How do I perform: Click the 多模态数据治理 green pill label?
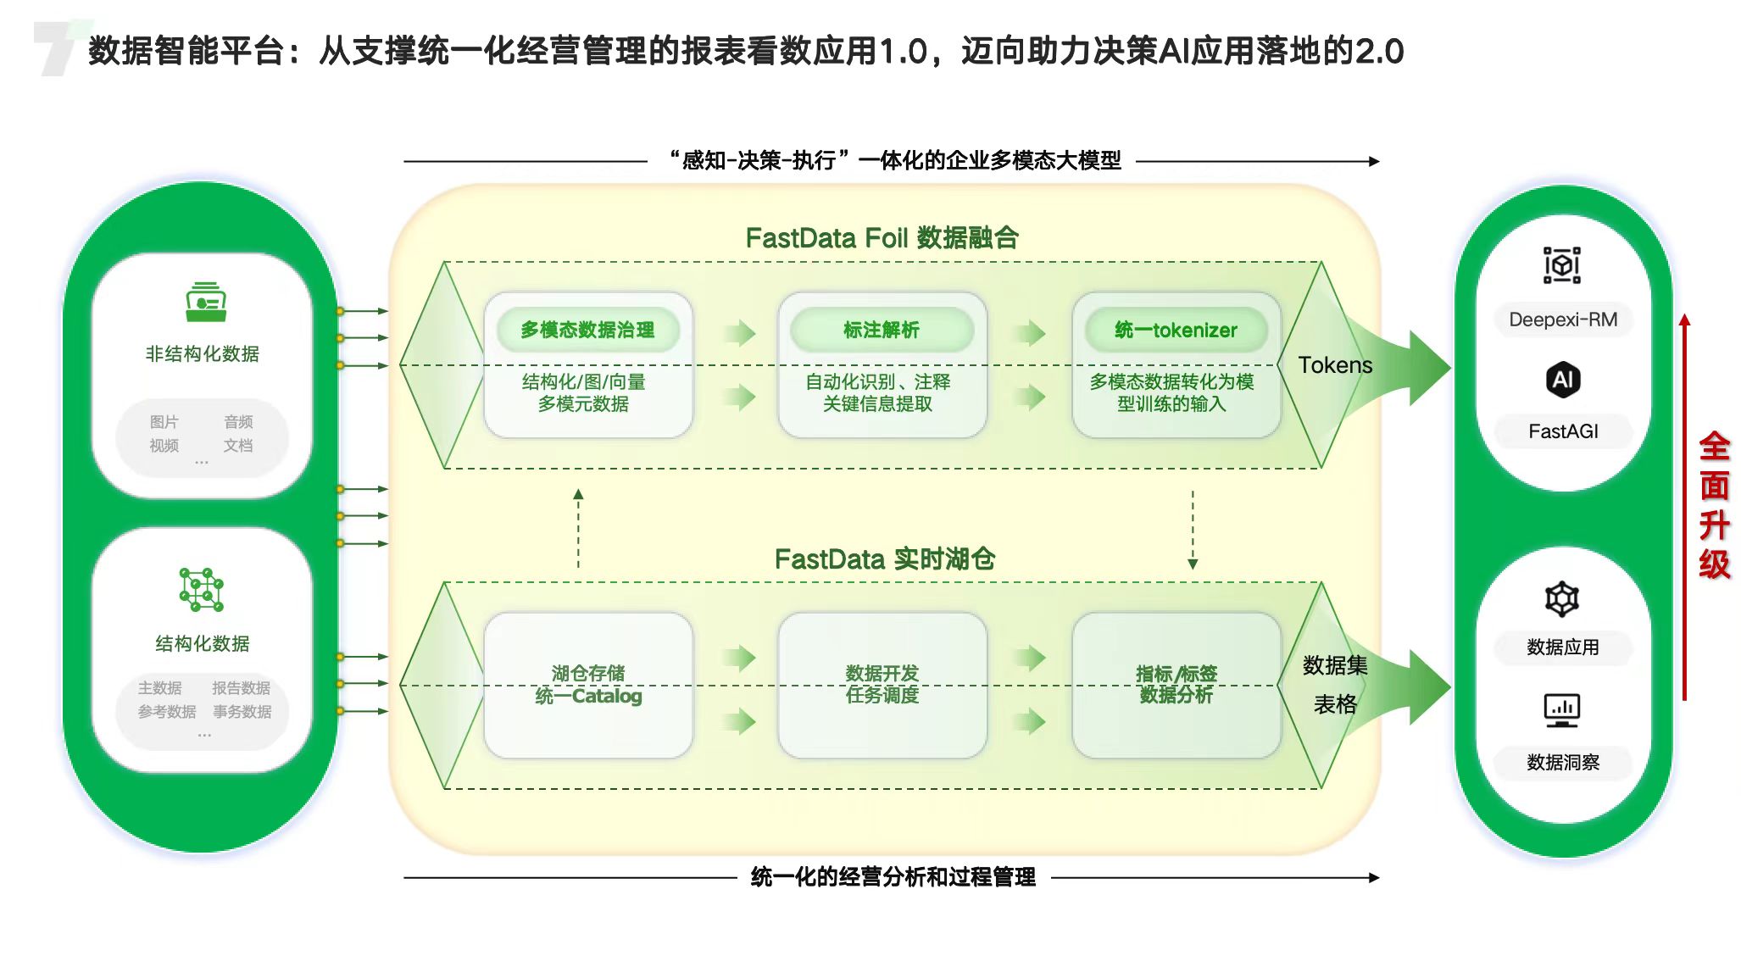pyautogui.click(x=587, y=330)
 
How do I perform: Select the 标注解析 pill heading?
pyautogui.click(x=882, y=330)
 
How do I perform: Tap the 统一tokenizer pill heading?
pyautogui.click(x=1176, y=330)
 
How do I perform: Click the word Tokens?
pyautogui.click(x=1335, y=365)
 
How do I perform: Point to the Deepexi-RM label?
pyautogui.click(x=1563, y=320)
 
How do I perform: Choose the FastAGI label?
pyautogui.click(x=1563, y=431)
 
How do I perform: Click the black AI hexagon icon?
pyautogui.click(x=1563, y=379)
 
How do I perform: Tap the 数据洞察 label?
pyautogui.click(x=1563, y=763)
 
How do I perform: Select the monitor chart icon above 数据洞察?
pyautogui.click(x=1562, y=710)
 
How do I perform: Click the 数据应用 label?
pyautogui.click(x=1563, y=647)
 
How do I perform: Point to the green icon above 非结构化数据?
pyautogui.click(x=206, y=303)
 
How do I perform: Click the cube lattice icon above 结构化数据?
pyautogui.click(x=202, y=590)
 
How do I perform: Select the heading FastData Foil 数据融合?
pyautogui.click(x=882, y=238)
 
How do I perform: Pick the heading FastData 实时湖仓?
pyautogui.click(x=884, y=559)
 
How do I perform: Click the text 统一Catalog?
pyautogui.click(x=588, y=696)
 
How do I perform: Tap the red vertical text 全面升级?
pyautogui.click(x=1714, y=506)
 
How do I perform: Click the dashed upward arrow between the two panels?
pyautogui.click(x=578, y=528)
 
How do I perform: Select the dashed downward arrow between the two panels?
pyautogui.click(x=1193, y=530)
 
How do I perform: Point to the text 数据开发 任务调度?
pyautogui.click(x=882, y=684)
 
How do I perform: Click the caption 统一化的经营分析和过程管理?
pyautogui.click(x=893, y=877)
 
